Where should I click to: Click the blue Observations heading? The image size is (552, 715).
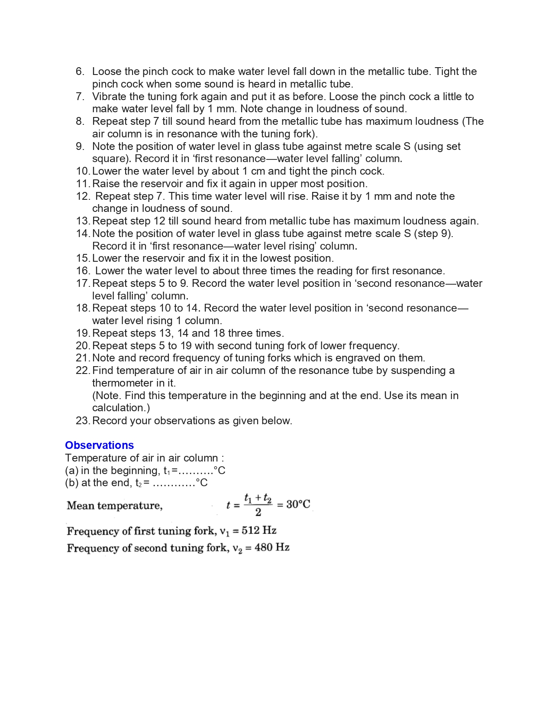pyautogui.click(x=99, y=445)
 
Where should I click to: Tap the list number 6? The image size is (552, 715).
pyautogui.click(x=80, y=71)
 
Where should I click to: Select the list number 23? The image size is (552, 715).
pyautogui.click(x=83, y=421)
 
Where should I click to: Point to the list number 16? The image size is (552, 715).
pyautogui.click(x=83, y=271)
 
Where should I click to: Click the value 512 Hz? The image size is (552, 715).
pyautogui.click(x=259, y=530)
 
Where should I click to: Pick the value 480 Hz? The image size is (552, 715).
pyautogui.click(x=272, y=547)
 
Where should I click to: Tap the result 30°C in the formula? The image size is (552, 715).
pyautogui.click(x=298, y=504)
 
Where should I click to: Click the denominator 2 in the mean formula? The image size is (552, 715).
pyautogui.click(x=258, y=512)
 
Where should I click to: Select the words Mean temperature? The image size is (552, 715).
pyautogui.click(x=115, y=506)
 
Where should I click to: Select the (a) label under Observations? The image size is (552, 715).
pyautogui.click(x=71, y=471)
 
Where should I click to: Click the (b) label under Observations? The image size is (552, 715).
pyautogui.click(x=71, y=483)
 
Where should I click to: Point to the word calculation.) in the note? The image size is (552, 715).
pyautogui.click(x=121, y=408)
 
